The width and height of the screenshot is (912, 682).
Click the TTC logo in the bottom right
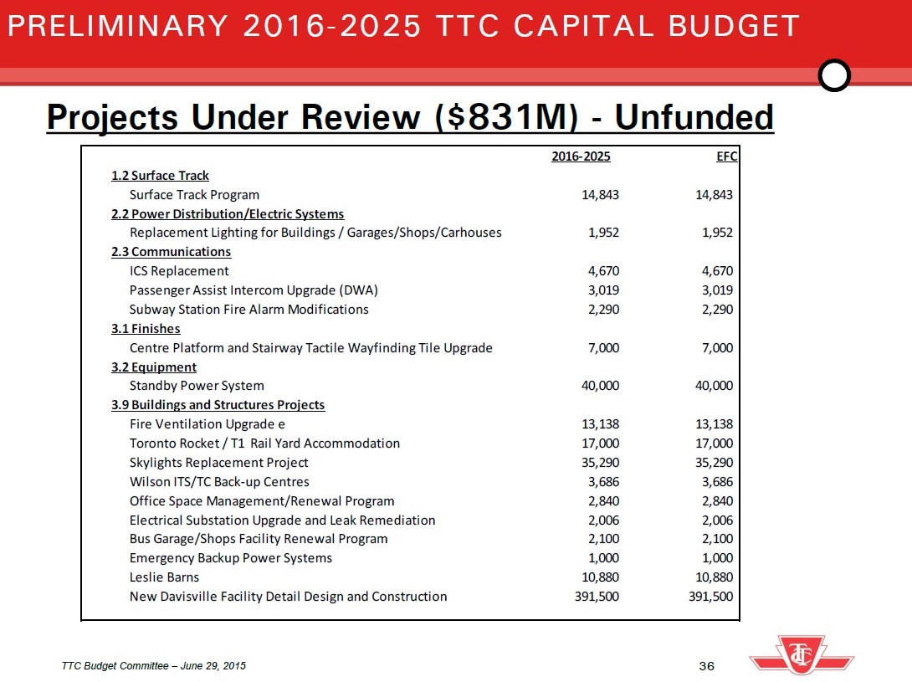(802, 654)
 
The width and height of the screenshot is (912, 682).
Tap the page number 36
(706, 666)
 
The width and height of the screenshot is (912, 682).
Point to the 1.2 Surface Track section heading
(160, 176)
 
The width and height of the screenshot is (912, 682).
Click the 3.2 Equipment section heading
(154, 367)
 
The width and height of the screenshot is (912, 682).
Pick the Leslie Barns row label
(164, 577)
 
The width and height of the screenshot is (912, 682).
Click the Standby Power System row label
(197, 386)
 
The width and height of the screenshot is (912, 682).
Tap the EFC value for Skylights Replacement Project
(715, 463)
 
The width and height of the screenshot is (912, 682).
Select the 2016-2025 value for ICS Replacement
(601, 271)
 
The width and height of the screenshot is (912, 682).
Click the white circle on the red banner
(833, 76)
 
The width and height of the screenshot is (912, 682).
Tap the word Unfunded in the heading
(694, 118)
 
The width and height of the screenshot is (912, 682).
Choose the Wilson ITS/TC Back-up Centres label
(219, 482)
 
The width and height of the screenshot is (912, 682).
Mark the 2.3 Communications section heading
(171, 252)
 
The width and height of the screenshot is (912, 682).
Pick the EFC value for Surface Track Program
(715, 195)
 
